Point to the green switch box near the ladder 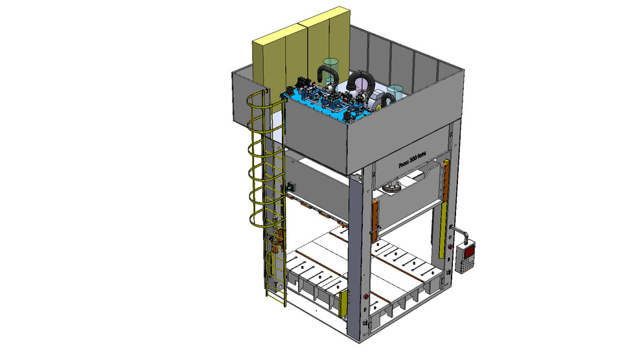coord(290,186)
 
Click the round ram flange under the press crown coord(391,187)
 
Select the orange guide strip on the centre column coord(374,219)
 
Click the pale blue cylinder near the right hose coord(396,91)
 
